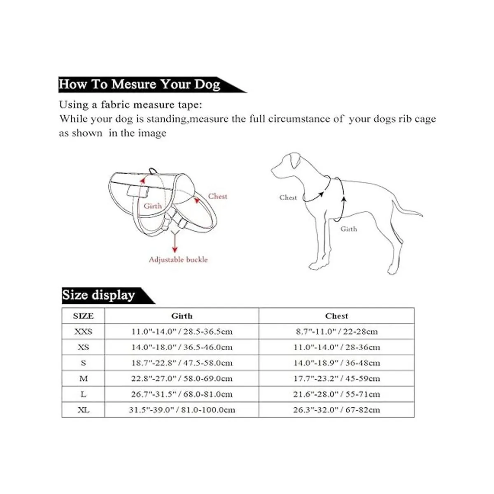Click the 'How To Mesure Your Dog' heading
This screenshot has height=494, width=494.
(x=140, y=84)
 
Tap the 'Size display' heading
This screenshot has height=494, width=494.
(x=99, y=295)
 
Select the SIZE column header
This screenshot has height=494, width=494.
(x=83, y=316)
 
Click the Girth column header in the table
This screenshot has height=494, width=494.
(x=182, y=316)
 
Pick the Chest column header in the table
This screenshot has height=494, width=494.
(x=336, y=316)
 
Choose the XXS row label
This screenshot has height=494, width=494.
(x=83, y=332)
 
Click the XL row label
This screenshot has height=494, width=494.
(x=83, y=410)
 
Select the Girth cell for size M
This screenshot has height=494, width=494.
(x=182, y=379)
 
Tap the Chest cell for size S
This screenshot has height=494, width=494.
(x=336, y=363)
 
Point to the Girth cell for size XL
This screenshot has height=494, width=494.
(x=182, y=410)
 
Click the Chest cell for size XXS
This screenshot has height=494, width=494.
(x=336, y=332)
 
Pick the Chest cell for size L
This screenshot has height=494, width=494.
(x=336, y=394)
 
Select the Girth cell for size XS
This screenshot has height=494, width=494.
(x=182, y=347)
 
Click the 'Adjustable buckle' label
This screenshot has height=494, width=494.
(x=178, y=260)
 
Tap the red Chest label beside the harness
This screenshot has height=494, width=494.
(x=217, y=196)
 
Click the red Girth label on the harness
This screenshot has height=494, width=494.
(x=152, y=206)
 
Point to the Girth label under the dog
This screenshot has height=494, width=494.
(x=349, y=229)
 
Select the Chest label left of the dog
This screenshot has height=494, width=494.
(x=288, y=198)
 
